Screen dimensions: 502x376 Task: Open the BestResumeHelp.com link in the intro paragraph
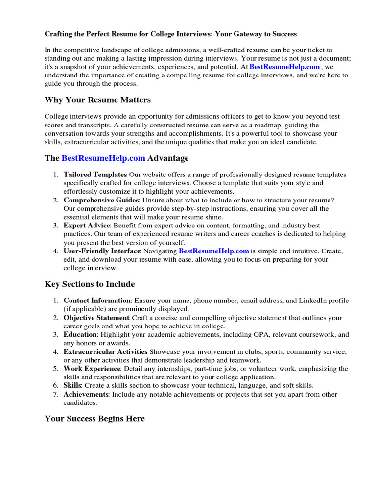[x=284, y=67]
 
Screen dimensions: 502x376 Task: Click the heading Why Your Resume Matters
[x=97, y=100]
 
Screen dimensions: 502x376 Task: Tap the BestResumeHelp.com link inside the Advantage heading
[x=103, y=158]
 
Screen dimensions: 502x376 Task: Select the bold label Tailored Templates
[x=95, y=175]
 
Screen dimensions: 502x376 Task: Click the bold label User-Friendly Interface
[x=102, y=251]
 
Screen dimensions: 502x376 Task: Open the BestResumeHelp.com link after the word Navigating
[x=214, y=251]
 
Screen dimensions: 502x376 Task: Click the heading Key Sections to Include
[x=90, y=284]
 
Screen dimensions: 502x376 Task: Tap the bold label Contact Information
[x=97, y=301]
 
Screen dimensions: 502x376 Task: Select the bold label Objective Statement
[x=96, y=318]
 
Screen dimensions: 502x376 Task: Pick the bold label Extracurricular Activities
[x=105, y=352]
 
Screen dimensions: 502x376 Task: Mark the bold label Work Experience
[x=92, y=369]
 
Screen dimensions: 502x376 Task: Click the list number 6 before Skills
[x=56, y=386]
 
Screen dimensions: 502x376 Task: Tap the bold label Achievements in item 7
[x=86, y=394]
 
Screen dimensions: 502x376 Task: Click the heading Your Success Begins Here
[x=94, y=419]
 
